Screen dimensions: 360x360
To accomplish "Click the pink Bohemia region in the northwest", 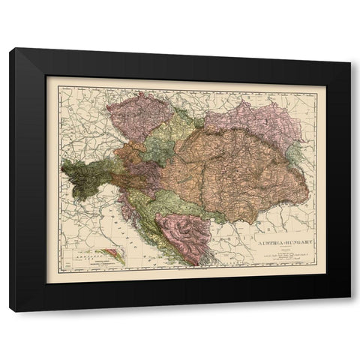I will (x=139, y=112).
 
